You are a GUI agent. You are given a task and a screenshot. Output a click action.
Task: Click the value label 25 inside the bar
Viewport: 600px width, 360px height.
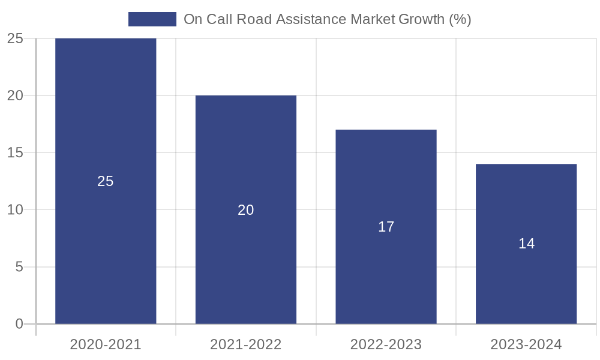point(106,181)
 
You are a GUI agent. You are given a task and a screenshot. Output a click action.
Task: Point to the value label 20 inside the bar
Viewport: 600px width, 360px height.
point(246,210)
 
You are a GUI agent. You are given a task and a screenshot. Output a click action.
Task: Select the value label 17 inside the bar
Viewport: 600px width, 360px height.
point(386,227)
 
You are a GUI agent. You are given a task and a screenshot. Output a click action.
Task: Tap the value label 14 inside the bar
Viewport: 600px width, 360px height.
point(526,244)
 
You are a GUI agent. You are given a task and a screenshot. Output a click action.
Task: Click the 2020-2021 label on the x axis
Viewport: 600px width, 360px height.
point(106,344)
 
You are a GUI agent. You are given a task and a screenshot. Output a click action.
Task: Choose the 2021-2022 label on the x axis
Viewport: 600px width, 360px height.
point(246,344)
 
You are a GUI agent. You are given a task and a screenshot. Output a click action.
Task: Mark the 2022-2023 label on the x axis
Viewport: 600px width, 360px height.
point(386,344)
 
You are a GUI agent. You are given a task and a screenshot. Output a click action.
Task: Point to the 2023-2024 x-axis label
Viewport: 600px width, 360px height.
point(526,344)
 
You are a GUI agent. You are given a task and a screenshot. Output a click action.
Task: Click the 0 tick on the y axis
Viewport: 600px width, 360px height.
point(19,324)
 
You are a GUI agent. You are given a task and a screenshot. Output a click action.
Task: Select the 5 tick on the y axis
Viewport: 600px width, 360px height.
point(19,267)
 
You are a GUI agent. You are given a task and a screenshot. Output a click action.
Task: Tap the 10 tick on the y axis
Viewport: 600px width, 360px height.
point(15,210)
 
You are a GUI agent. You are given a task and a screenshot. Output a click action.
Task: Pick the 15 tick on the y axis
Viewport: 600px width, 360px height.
point(15,152)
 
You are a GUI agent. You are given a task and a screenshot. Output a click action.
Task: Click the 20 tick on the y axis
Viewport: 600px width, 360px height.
point(15,95)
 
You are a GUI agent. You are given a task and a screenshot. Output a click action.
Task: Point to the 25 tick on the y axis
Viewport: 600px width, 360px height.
point(15,38)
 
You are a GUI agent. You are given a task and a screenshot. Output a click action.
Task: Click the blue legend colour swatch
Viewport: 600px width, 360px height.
point(152,19)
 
